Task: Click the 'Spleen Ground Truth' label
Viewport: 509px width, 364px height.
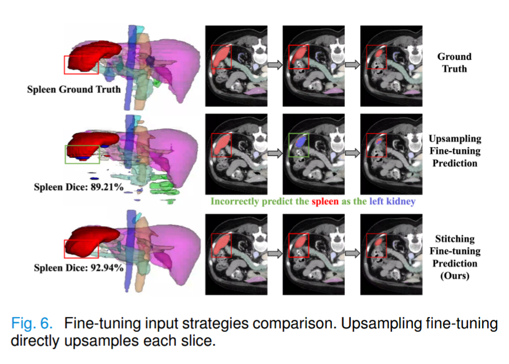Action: click(x=74, y=89)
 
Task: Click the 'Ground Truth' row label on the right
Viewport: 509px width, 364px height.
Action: click(x=454, y=63)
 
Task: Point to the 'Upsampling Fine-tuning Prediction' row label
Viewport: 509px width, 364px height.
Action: click(x=455, y=150)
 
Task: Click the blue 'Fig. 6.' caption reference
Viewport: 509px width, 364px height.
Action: click(x=32, y=323)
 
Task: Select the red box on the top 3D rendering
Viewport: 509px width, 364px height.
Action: click(x=81, y=65)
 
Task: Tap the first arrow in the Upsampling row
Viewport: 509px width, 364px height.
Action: click(x=274, y=153)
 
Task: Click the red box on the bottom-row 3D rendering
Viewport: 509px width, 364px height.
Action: click(x=82, y=248)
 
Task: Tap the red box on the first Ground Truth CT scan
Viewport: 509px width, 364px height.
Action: click(x=221, y=57)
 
